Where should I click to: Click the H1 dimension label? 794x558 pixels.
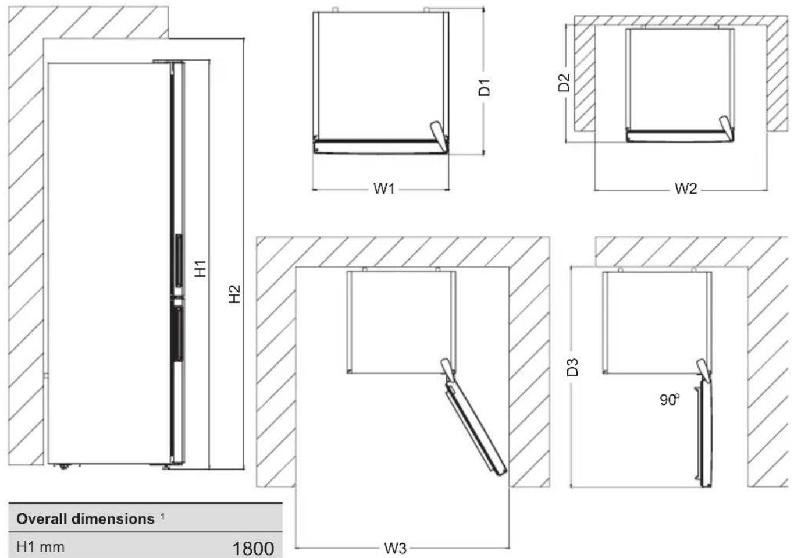point(201,268)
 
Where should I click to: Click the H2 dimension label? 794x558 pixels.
point(234,294)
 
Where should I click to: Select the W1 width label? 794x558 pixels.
point(384,189)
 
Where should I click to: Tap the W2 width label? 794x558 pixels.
point(686,189)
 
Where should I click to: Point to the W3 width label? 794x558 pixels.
point(395,549)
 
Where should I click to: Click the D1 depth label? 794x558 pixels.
point(484,88)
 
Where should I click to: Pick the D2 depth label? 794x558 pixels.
point(564,82)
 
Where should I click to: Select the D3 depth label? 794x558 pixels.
point(573,367)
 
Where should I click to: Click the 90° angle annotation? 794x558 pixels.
point(670,400)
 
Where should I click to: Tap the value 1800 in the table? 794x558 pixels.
point(253,549)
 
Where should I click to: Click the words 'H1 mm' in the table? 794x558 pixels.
point(40,547)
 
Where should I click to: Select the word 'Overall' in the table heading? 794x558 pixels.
point(42,519)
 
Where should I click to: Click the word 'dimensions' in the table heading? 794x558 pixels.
point(113,519)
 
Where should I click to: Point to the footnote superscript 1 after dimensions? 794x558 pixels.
point(162,516)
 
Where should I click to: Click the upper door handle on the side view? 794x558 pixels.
point(179,261)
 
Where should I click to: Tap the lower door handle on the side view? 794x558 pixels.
point(179,335)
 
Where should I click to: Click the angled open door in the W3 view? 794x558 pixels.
point(476,428)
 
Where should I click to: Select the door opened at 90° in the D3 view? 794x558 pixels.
point(704,433)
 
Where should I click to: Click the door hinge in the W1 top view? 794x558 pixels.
point(439,137)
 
